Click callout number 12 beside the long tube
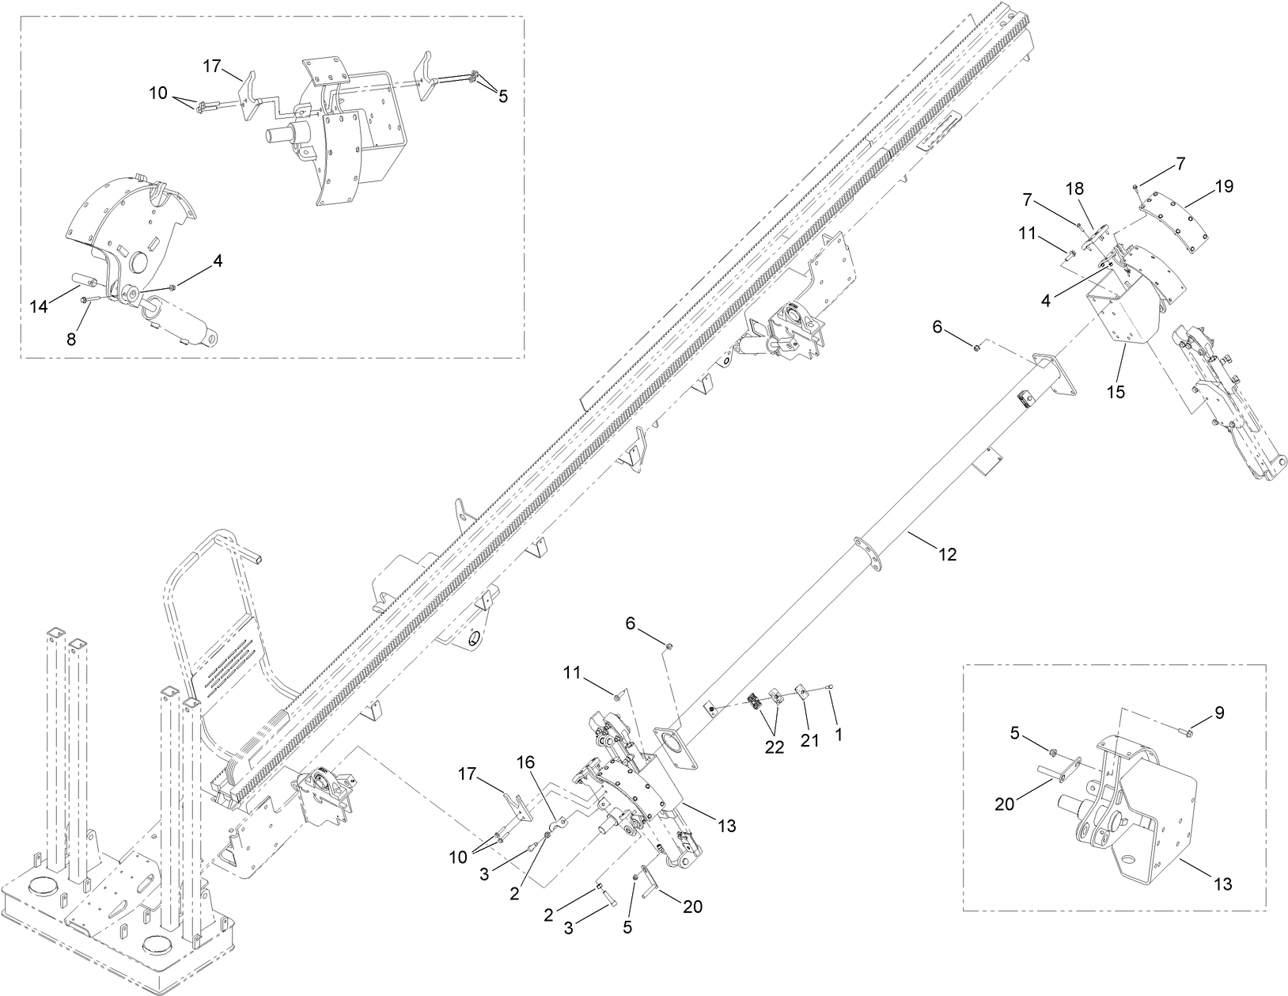[x=947, y=555]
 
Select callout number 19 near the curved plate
[x=1223, y=187]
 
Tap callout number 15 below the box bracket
[x=1116, y=391]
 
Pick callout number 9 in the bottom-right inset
[x=1219, y=713]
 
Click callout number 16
[x=526, y=762]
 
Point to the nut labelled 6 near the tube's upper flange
[x=979, y=346]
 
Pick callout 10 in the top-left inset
[x=158, y=93]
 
